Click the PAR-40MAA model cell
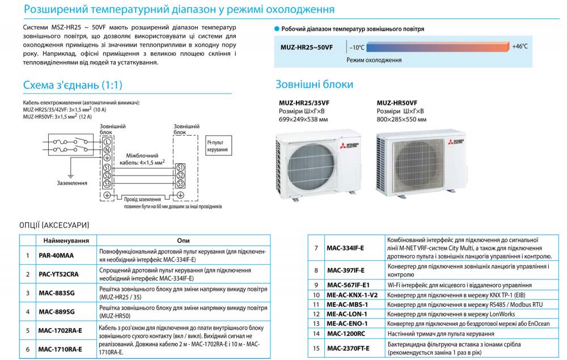point(56,255)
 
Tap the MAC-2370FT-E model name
point(348,348)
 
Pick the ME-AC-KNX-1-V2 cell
point(352,295)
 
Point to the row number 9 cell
point(316,285)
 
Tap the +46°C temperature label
point(519,46)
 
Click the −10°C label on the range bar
point(357,47)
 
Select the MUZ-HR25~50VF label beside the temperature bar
point(307,47)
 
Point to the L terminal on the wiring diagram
point(107,141)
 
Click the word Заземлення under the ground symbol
point(72,183)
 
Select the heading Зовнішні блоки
point(314,84)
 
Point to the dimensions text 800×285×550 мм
point(402,120)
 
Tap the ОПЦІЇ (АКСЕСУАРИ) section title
point(54,226)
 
